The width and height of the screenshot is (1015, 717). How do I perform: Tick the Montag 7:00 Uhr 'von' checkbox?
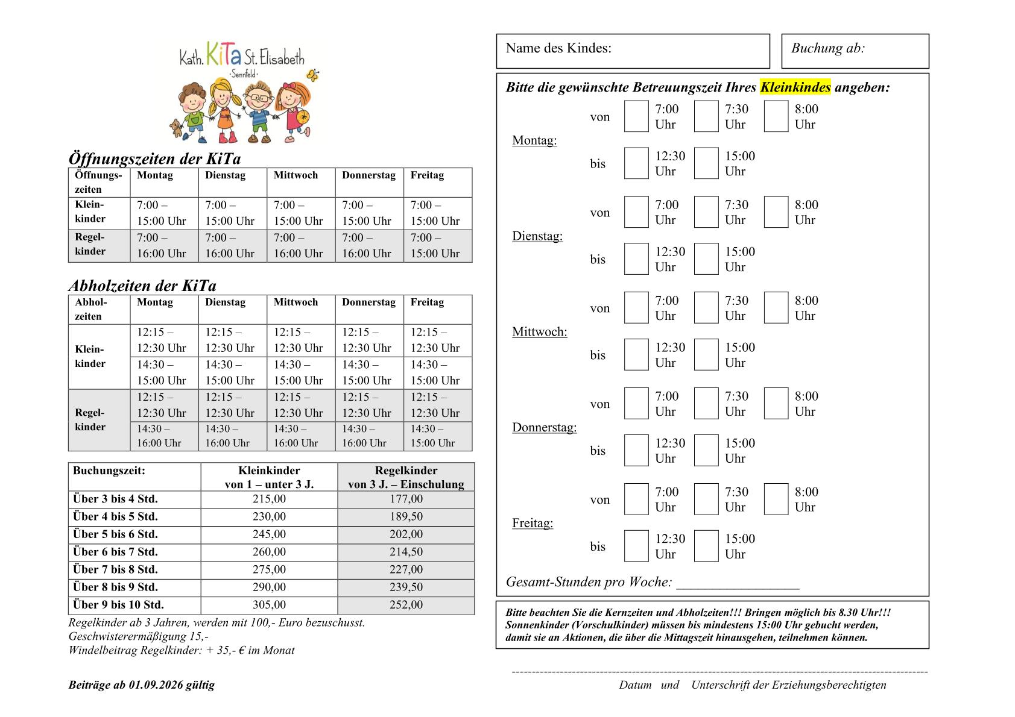point(636,116)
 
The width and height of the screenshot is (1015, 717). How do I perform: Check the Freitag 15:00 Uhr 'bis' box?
point(706,546)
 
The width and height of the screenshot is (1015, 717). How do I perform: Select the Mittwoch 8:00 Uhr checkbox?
point(776,308)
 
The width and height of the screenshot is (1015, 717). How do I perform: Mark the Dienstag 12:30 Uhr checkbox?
point(636,259)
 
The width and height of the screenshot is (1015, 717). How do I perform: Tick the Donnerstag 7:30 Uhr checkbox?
point(706,404)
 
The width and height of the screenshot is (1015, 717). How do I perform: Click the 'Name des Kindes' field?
point(633,51)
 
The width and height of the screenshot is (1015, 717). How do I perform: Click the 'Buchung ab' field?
point(855,51)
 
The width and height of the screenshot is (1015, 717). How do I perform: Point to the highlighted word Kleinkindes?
point(795,87)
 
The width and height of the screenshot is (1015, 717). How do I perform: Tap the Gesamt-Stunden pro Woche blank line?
point(738,583)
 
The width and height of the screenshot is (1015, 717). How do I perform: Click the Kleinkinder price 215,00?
point(269,499)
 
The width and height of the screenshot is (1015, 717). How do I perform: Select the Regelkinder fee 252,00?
point(406,605)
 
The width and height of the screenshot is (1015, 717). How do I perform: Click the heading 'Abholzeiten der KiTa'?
point(142,286)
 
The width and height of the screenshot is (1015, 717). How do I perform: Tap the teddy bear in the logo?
point(175,128)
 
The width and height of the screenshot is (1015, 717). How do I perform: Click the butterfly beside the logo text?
point(312,75)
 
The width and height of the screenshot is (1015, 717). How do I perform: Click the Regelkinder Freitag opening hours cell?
point(437,246)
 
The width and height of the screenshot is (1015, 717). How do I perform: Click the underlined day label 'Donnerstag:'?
point(544,428)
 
